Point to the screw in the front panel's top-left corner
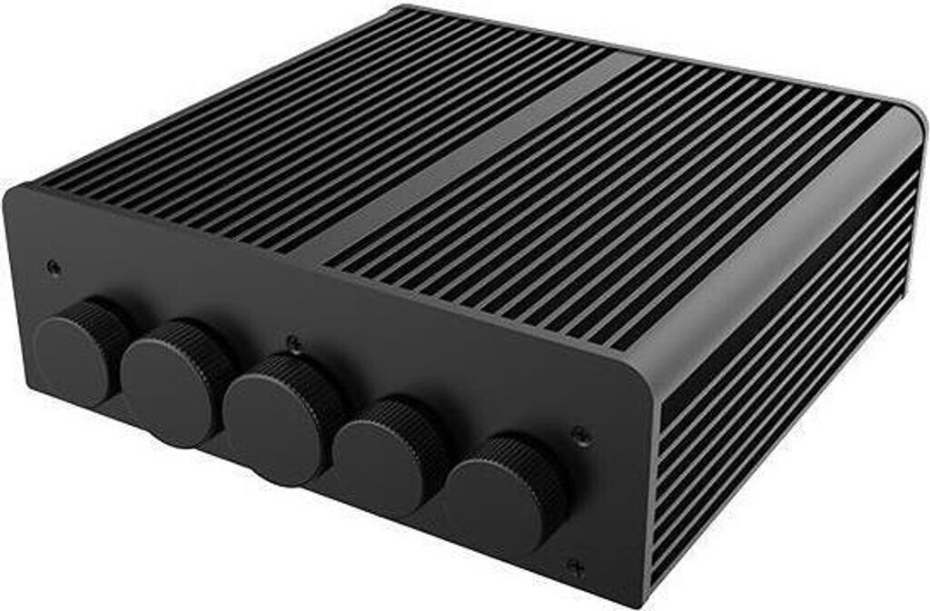(x=54, y=267)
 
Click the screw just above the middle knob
(x=292, y=342)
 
